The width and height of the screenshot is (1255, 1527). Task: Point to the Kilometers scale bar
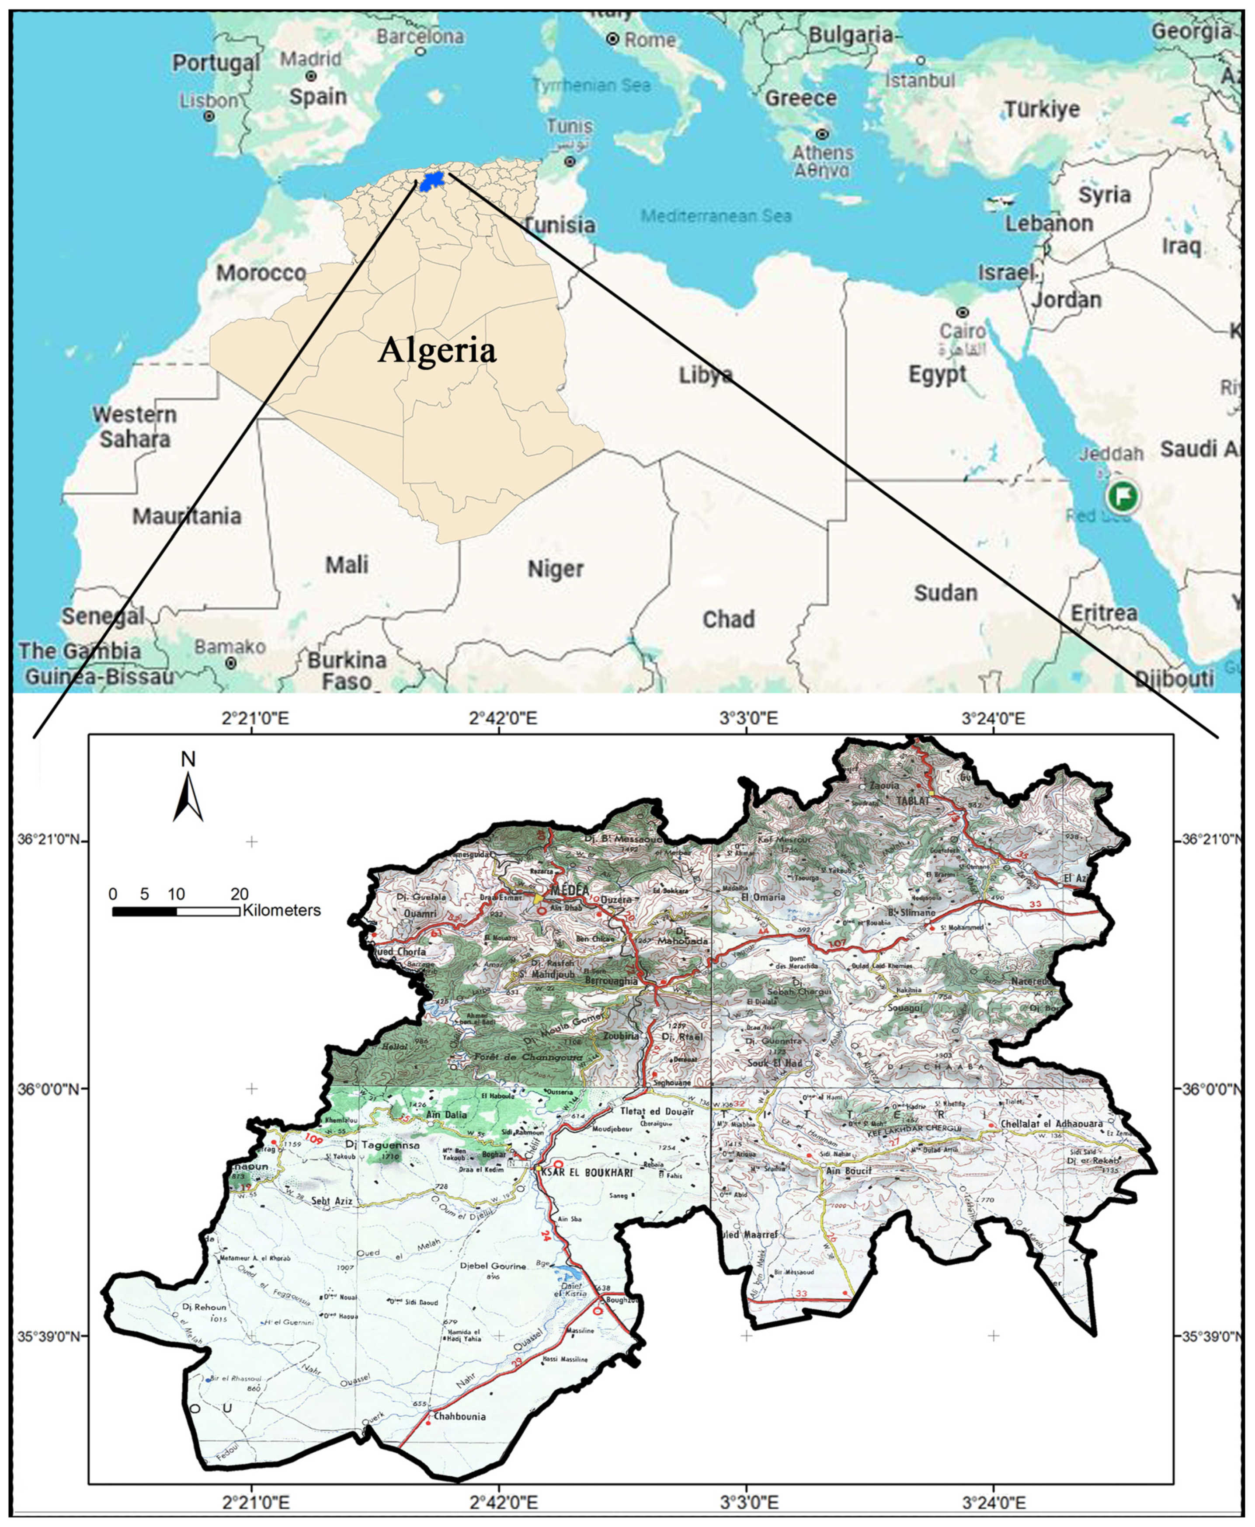tap(176, 912)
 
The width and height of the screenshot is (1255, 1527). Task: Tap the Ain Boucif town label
tap(849, 1171)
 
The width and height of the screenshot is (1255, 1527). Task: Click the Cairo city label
tap(962, 330)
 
